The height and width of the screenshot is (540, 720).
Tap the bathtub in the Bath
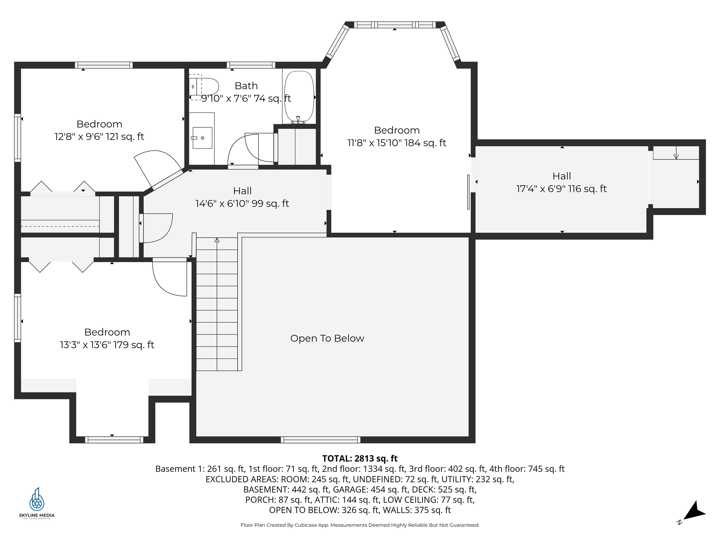coord(299,96)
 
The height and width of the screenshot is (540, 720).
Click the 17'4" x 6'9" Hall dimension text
coord(562,189)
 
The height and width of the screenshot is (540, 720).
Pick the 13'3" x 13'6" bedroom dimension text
coord(107,345)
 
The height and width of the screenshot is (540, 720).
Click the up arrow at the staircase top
coord(217,240)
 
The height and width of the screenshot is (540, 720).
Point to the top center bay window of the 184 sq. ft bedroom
coord(394,25)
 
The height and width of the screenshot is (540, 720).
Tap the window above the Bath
coord(251,65)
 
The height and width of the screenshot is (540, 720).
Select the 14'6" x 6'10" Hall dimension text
coord(242,203)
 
